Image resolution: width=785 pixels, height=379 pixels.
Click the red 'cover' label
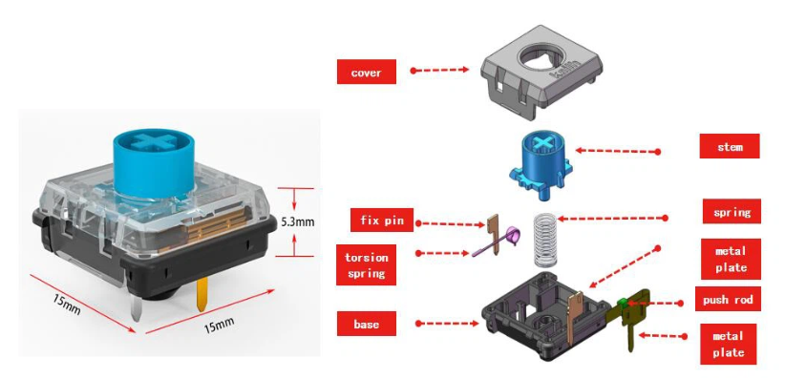coord(367,73)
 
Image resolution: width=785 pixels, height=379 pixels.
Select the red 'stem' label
coord(730,146)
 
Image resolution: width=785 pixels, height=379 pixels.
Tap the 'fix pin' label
coord(382,220)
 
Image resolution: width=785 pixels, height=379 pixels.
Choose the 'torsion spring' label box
coord(366,264)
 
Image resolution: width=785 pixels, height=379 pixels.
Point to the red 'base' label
coord(367,324)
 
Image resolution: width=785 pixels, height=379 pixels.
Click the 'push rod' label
coord(728,299)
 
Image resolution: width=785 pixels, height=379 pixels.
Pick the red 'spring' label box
coord(732,211)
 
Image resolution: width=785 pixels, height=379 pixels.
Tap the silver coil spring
coord(544,240)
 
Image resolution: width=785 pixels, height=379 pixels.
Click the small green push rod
coord(623,302)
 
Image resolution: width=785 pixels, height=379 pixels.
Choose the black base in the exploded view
coord(545,316)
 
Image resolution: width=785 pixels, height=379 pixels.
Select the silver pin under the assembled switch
coord(137,306)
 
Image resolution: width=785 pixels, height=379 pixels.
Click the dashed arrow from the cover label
coord(439,71)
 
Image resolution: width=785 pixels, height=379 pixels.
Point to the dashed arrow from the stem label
coord(618,151)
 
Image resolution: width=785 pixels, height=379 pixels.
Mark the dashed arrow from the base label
coord(447,324)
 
